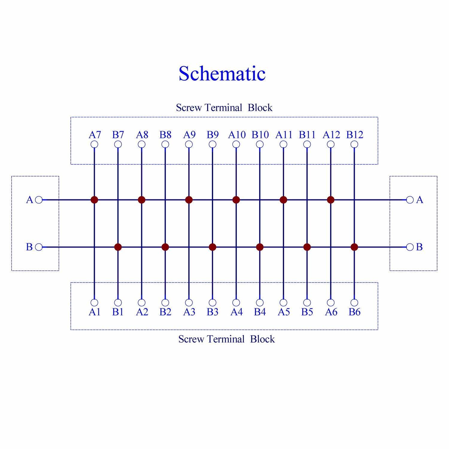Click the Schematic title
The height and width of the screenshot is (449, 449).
pos(222,74)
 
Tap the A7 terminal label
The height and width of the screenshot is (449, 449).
pos(95,135)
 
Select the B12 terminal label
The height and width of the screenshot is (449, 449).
pos(355,135)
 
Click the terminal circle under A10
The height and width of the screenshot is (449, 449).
pos(236,144)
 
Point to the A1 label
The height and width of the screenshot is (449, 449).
pos(95,312)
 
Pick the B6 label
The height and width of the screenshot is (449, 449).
pos(355,312)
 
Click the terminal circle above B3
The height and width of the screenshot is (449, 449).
pos(213,302)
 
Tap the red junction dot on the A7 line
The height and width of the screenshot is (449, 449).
pos(94,200)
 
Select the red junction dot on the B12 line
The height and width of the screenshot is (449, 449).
pos(354,247)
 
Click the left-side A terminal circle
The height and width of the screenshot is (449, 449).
pos(39,200)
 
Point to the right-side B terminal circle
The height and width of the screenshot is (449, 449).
pos(410,247)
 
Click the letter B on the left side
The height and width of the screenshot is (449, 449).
pos(29,247)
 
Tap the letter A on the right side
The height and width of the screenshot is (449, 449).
pos(420,200)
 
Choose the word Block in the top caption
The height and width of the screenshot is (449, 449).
pos(260,107)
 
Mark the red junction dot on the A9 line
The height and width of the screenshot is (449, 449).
pos(189,200)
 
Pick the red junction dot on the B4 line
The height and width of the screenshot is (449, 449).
pos(260,247)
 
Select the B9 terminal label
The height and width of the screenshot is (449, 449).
pos(213,135)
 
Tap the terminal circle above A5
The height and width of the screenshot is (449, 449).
pos(283,302)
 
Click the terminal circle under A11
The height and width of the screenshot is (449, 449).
pos(283,144)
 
